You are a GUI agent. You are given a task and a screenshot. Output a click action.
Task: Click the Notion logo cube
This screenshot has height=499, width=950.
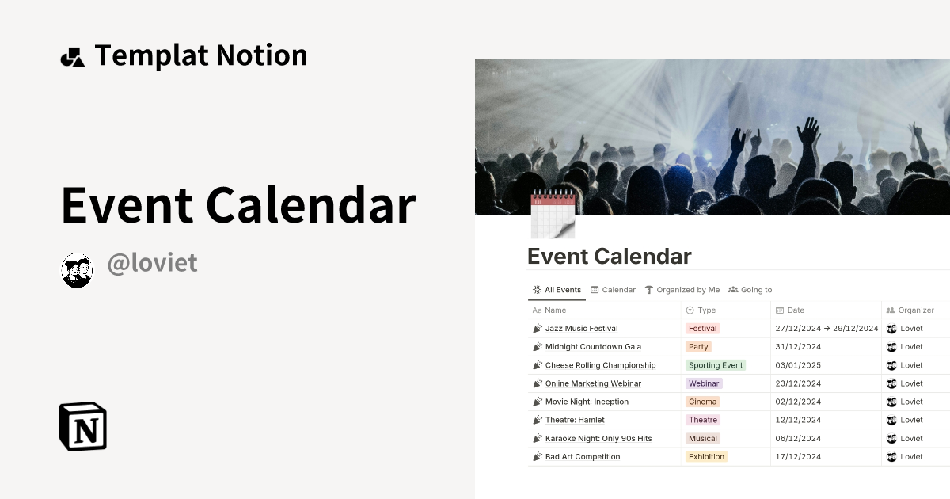click(x=83, y=426)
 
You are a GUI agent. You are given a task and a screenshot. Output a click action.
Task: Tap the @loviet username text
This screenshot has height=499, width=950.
click(x=152, y=264)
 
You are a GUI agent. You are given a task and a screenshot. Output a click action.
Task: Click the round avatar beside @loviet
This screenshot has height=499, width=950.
click(x=77, y=270)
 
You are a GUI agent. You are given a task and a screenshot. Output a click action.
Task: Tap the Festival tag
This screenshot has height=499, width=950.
click(x=702, y=329)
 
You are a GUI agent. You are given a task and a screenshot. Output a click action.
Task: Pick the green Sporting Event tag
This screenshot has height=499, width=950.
click(x=716, y=365)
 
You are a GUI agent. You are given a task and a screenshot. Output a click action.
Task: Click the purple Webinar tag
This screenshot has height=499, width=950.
click(x=704, y=383)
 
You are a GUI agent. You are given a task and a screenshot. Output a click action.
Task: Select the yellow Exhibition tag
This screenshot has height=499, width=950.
click(x=706, y=457)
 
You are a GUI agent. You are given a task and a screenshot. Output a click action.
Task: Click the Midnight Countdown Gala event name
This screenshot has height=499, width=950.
click(x=593, y=347)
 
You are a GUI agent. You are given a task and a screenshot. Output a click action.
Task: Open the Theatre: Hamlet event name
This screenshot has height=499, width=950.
click(x=575, y=420)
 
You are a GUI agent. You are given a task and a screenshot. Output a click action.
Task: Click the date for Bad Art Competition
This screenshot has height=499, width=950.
click(x=798, y=457)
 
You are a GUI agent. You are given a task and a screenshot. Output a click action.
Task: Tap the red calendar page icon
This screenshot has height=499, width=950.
click(x=552, y=215)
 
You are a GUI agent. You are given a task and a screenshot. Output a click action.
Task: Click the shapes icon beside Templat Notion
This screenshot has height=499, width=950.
click(x=72, y=56)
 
